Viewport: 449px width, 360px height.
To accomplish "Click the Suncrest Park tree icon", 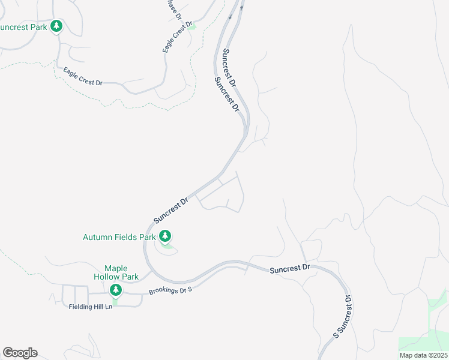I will point(56,26).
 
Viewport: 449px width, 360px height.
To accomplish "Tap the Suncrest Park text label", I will point(24,28).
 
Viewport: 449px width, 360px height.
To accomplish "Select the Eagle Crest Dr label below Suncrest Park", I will point(83,76).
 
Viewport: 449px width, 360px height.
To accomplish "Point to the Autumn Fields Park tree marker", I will point(165,236).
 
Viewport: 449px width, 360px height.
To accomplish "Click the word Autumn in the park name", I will point(97,237).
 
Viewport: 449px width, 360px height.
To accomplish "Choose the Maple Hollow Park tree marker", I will point(116,290).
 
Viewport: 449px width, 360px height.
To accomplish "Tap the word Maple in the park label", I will point(117,268).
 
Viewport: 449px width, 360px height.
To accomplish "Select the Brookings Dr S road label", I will point(170,292).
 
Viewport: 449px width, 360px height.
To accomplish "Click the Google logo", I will point(20,353).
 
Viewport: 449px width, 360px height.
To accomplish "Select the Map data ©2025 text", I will point(423,355).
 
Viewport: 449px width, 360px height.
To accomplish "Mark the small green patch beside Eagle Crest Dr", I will point(191,27).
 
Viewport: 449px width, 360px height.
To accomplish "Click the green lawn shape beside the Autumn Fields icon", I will point(169,245).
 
